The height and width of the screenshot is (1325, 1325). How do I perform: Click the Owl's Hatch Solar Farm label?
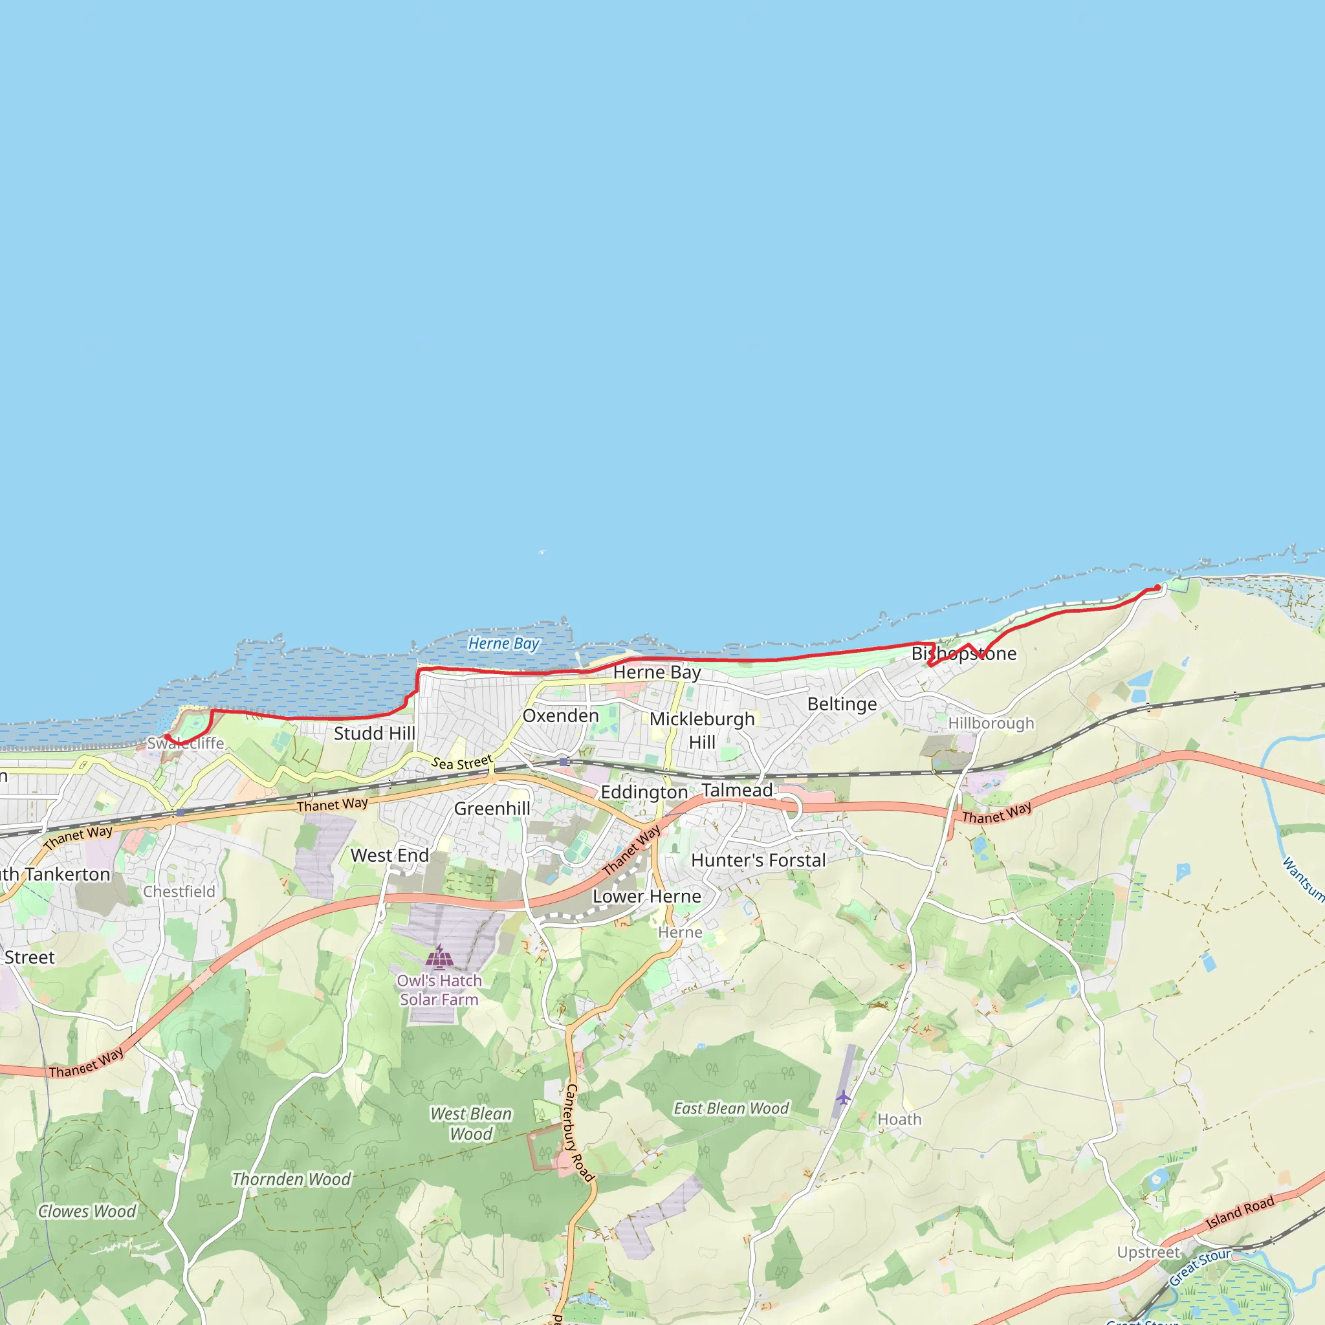click(439, 990)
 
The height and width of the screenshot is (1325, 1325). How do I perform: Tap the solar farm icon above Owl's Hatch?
click(439, 956)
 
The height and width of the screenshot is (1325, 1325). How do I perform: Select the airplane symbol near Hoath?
click(843, 1097)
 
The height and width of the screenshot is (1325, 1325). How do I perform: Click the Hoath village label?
click(899, 1119)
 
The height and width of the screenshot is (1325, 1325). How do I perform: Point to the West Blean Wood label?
click(470, 1123)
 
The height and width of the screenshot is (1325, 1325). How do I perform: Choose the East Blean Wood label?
click(731, 1108)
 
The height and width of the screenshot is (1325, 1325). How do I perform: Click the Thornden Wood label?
click(292, 1179)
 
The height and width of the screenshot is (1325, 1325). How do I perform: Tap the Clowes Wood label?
click(87, 1211)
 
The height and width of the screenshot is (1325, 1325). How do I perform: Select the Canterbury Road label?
click(578, 1132)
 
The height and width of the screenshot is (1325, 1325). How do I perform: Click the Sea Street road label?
click(461, 762)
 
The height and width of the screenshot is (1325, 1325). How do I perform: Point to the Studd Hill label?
click(375, 733)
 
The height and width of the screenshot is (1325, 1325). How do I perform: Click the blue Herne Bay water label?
click(503, 643)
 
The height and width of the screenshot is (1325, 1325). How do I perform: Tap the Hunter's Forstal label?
click(758, 860)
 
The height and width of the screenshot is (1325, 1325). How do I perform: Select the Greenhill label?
click(492, 809)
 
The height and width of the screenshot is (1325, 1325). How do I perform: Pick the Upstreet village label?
click(1148, 1253)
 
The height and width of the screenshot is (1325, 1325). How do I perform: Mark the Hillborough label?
click(991, 723)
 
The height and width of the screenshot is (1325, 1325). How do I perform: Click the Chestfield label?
click(179, 892)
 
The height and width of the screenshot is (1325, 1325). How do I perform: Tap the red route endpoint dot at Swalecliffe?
click(167, 736)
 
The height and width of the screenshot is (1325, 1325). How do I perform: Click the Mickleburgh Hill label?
click(701, 730)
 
